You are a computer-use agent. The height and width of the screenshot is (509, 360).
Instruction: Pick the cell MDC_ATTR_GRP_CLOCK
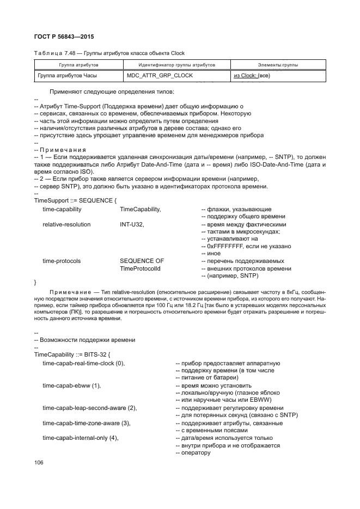click(x=160, y=76)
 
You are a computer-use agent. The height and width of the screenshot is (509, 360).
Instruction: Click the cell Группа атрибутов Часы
click(x=66, y=76)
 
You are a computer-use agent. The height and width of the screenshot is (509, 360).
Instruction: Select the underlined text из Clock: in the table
click(x=245, y=76)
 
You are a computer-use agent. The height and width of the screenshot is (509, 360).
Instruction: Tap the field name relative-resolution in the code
click(x=66, y=224)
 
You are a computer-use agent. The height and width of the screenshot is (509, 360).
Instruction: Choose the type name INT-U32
click(x=132, y=224)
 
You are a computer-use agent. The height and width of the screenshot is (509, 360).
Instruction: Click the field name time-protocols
click(x=62, y=261)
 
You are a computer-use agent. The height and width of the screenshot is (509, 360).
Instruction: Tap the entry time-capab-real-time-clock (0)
click(x=84, y=363)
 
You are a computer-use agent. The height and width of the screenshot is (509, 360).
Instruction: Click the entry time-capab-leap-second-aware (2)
click(x=89, y=408)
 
